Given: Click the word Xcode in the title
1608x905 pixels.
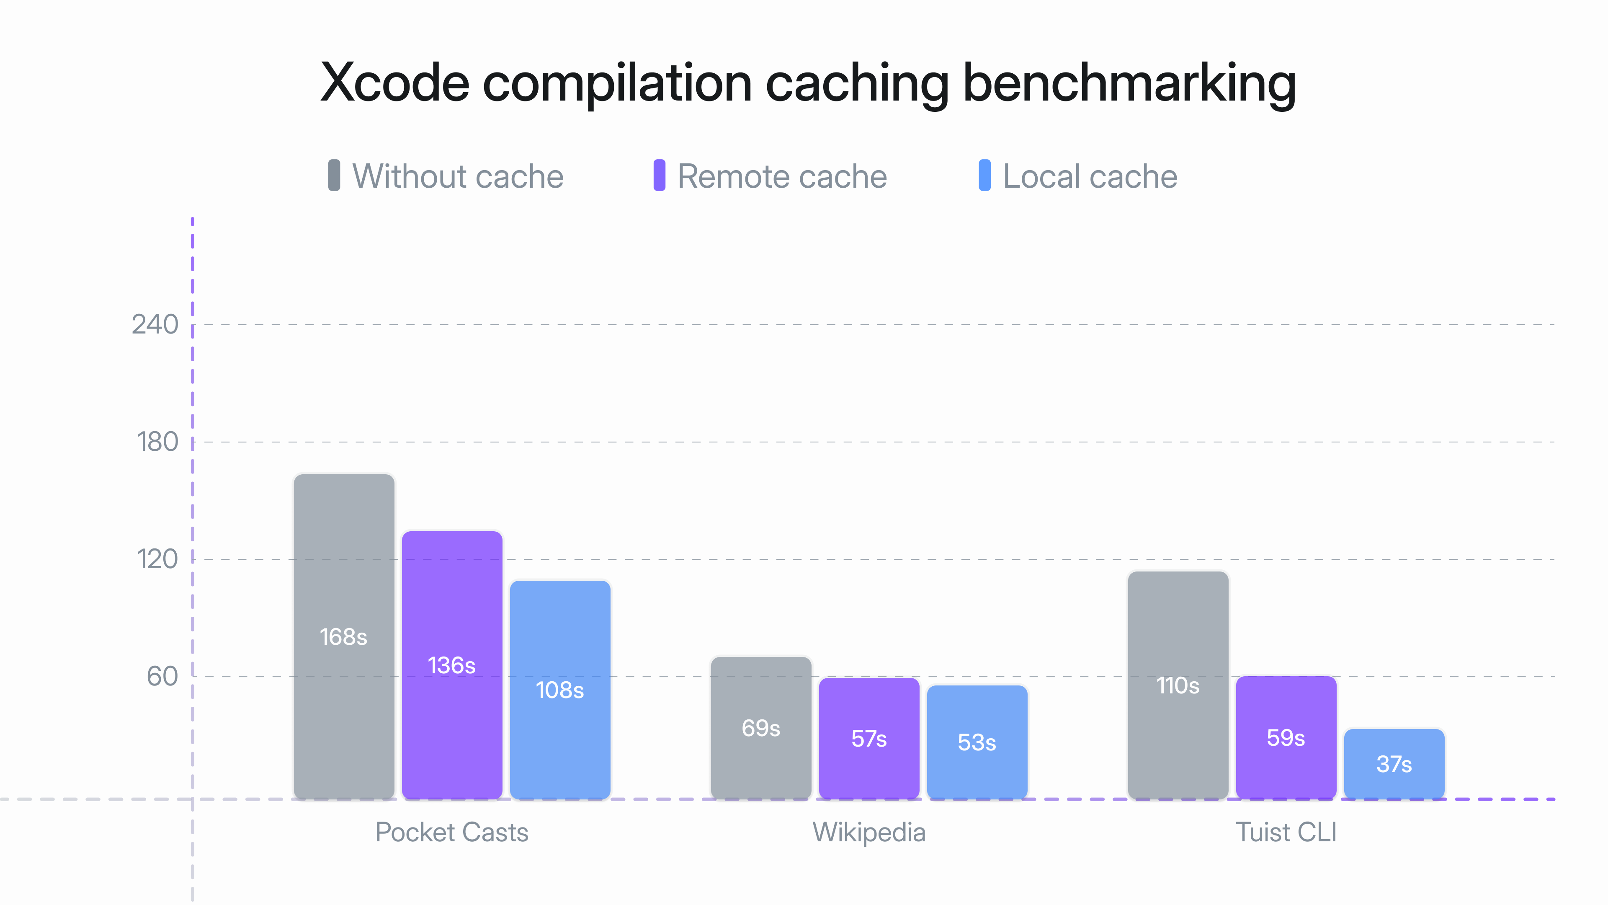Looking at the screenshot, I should (x=394, y=83).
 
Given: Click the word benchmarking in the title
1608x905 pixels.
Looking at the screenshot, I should (x=1129, y=83).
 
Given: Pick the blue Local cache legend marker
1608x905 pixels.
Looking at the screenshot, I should (x=984, y=176).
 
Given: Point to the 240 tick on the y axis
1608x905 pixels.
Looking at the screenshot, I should (x=155, y=325).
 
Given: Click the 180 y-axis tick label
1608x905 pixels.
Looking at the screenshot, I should (x=157, y=442).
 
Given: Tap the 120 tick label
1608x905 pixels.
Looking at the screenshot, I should (x=157, y=559).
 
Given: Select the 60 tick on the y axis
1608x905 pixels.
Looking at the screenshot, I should (x=162, y=676).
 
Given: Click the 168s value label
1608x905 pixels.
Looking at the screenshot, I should (x=343, y=637).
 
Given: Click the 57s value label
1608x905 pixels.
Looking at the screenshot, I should (x=869, y=739).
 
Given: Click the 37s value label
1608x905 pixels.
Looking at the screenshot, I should (x=1394, y=764).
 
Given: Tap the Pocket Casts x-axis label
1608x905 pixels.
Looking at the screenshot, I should (x=451, y=833).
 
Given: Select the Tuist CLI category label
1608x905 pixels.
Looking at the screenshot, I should (x=1286, y=833).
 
